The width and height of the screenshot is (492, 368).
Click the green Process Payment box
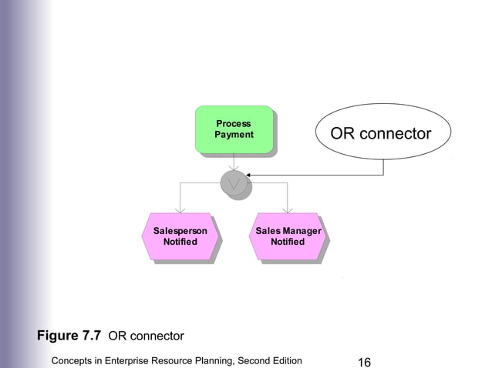pyautogui.click(x=234, y=129)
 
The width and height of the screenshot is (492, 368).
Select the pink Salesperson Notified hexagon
pyautogui.click(x=180, y=236)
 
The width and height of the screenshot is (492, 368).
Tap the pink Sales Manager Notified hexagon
pyautogui.click(x=288, y=236)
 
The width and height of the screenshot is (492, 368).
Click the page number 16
pyautogui.click(x=365, y=361)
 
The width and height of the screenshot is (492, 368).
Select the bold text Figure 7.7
pyautogui.click(x=69, y=336)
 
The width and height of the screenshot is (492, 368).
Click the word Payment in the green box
pyautogui.click(x=234, y=135)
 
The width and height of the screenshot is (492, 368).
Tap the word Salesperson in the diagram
pyautogui.click(x=180, y=231)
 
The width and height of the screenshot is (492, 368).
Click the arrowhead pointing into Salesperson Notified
pyautogui.click(x=180, y=209)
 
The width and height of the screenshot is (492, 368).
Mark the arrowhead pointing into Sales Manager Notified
pyautogui.click(x=288, y=209)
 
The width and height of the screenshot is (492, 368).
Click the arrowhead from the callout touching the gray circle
pyautogui.click(x=250, y=176)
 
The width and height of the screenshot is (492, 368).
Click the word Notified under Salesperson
pyautogui.click(x=180, y=242)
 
